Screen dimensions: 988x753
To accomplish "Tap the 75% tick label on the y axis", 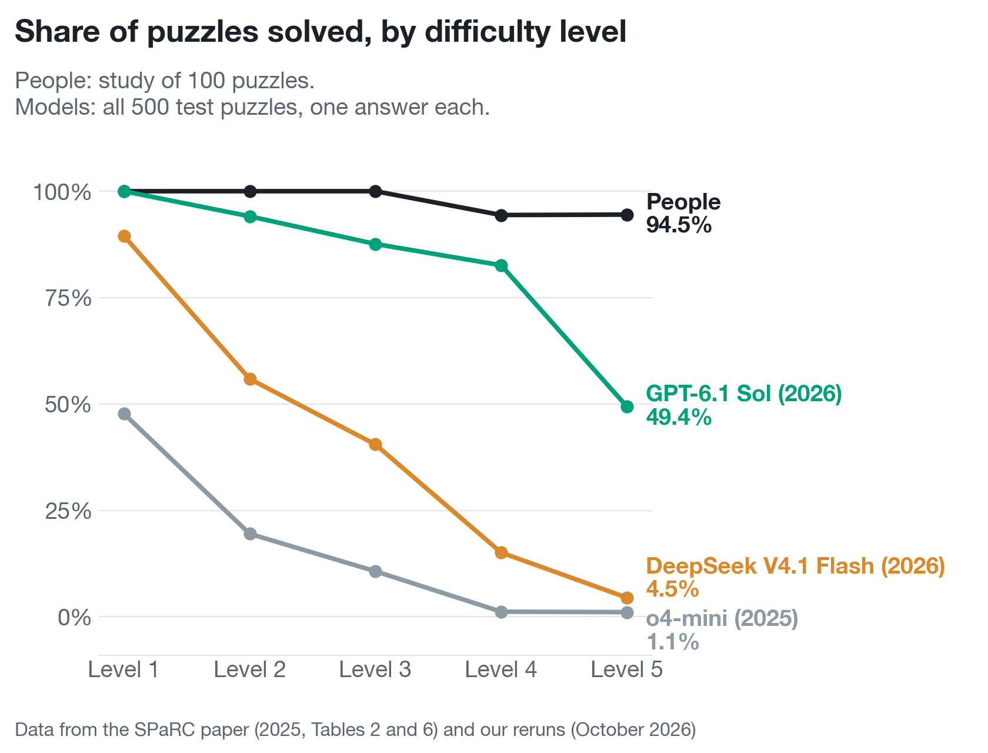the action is [68, 298].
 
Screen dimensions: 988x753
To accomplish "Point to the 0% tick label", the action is [74, 617].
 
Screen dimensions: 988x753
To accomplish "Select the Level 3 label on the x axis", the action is [375, 669].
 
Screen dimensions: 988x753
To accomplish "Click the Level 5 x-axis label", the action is [626, 669].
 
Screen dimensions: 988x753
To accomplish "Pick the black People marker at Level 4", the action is [501, 215].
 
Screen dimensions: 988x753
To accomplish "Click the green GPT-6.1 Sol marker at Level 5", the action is [627, 407].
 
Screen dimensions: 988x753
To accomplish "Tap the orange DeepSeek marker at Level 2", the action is [250, 379].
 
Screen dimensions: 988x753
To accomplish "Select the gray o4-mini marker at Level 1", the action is [124, 414].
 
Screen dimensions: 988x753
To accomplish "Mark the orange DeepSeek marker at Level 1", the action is [124, 236].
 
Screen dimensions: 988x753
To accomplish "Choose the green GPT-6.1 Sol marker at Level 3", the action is [375, 244].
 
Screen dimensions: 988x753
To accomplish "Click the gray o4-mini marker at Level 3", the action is [375, 572].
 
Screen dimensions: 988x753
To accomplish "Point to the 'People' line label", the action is [683, 202].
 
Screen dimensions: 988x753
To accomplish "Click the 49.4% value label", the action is [679, 417].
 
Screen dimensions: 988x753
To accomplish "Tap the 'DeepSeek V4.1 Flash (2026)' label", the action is [795, 566].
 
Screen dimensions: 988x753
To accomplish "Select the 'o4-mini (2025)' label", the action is [722, 618].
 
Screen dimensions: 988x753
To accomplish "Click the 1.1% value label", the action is [672, 642].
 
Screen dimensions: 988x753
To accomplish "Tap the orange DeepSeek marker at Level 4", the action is [501, 553].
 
